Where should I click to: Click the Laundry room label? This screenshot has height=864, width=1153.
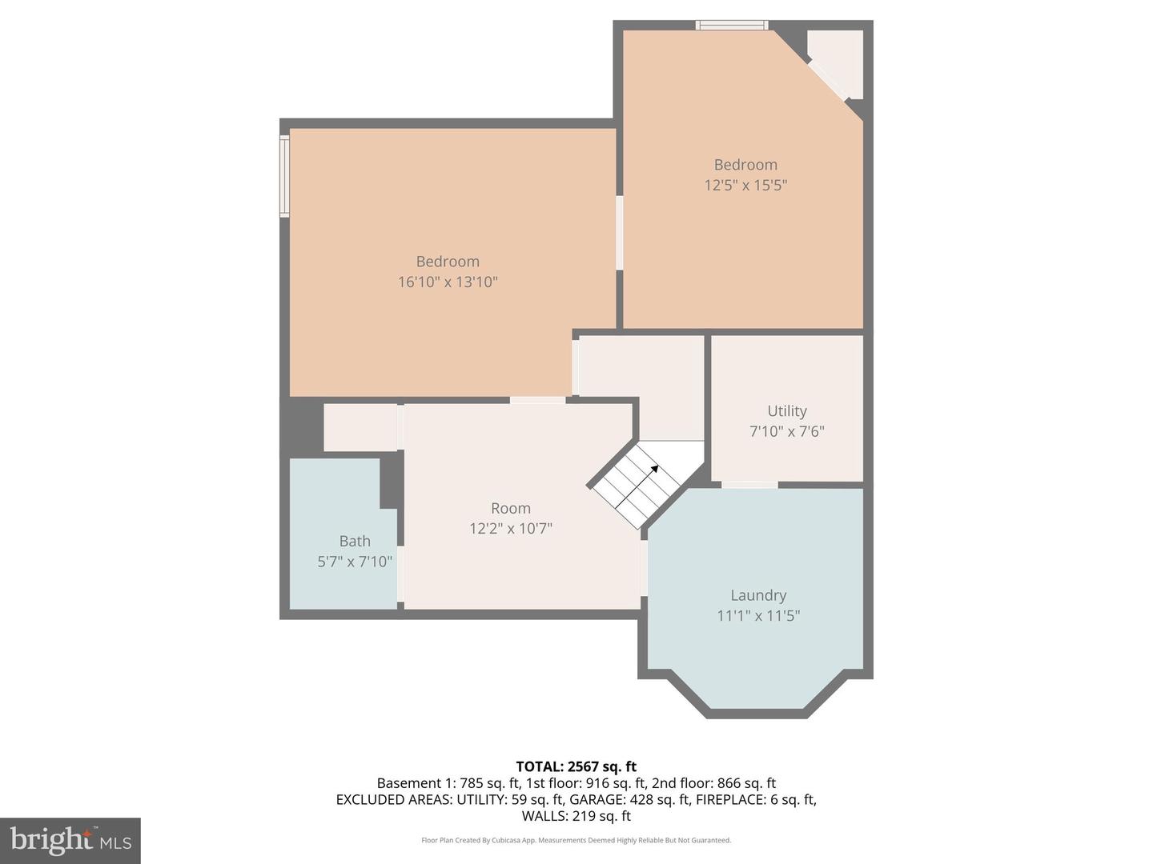(x=757, y=595)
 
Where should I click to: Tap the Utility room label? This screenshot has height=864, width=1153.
(x=786, y=410)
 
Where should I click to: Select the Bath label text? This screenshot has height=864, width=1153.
(x=355, y=541)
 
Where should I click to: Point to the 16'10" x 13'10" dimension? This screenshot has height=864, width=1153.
(x=448, y=282)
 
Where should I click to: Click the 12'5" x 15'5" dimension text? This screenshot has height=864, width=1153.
(x=745, y=185)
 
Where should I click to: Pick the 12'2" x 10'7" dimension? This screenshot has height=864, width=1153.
(x=511, y=528)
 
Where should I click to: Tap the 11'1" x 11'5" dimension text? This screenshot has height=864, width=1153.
(x=757, y=615)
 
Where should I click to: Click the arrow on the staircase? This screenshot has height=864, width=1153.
(x=653, y=470)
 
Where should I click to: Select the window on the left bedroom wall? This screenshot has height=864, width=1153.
(x=284, y=176)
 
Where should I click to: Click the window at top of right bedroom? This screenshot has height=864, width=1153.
(x=731, y=26)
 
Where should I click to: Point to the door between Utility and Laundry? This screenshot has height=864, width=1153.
(x=749, y=484)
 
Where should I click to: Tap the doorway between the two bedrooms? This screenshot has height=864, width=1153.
(x=619, y=233)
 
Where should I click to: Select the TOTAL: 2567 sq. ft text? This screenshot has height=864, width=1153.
(x=576, y=766)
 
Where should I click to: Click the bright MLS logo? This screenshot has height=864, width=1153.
(x=70, y=840)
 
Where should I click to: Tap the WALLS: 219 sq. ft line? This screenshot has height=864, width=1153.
(x=576, y=816)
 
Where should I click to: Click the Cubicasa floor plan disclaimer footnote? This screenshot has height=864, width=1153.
(x=576, y=840)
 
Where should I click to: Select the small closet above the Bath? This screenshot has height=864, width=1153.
(x=360, y=427)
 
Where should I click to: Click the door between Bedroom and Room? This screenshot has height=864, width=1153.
(x=537, y=400)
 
